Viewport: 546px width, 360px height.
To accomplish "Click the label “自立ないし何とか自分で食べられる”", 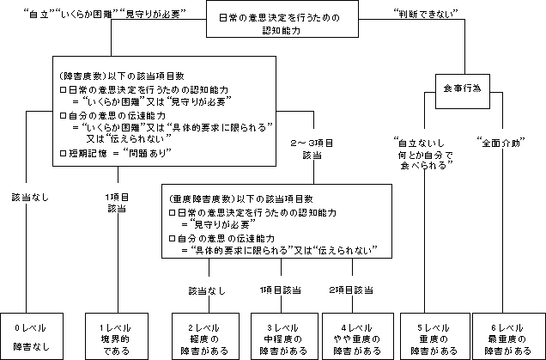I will [418, 155].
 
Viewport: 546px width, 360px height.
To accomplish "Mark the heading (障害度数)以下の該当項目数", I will [107, 75].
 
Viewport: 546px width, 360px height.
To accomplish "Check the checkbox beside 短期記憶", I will [62, 152].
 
